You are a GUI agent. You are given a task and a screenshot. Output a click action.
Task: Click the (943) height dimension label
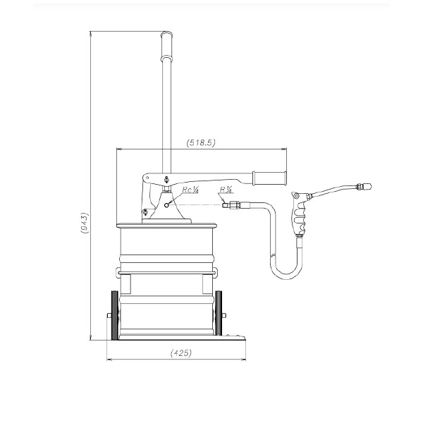point(85,223)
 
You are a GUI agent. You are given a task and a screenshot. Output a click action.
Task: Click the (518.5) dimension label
point(201,142)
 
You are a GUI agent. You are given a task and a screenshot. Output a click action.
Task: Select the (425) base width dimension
point(181,352)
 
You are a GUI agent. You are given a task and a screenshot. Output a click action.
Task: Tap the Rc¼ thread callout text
point(190,190)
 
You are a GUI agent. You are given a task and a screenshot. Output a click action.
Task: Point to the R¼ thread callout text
point(226,190)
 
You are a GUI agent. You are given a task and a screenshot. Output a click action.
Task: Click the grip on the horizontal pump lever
point(269,178)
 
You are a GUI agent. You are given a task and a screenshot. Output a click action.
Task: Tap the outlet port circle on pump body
point(166,205)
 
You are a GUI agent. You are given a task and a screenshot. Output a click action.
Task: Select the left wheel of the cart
point(115,315)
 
